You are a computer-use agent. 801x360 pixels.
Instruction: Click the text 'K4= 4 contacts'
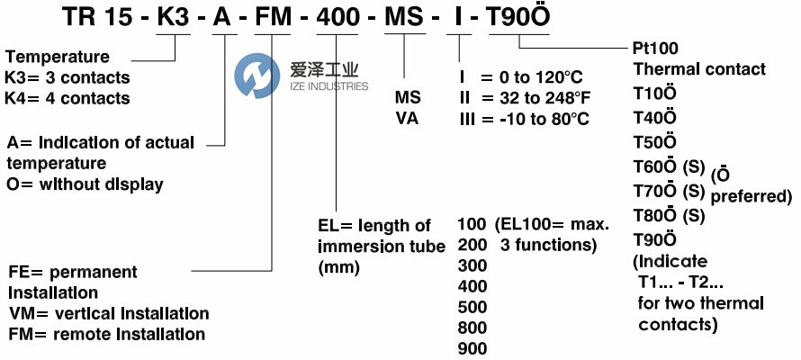point(67,98)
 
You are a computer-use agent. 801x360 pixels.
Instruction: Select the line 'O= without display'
point(85,184)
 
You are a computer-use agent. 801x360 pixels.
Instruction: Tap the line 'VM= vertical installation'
point(109,314)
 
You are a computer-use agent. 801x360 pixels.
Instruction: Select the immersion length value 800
point(472,328)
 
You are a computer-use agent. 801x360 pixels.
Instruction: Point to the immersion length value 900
point(472,348)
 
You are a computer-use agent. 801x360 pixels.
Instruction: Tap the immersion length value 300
point(472,266)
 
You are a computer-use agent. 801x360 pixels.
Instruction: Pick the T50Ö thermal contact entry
point(655,140)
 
